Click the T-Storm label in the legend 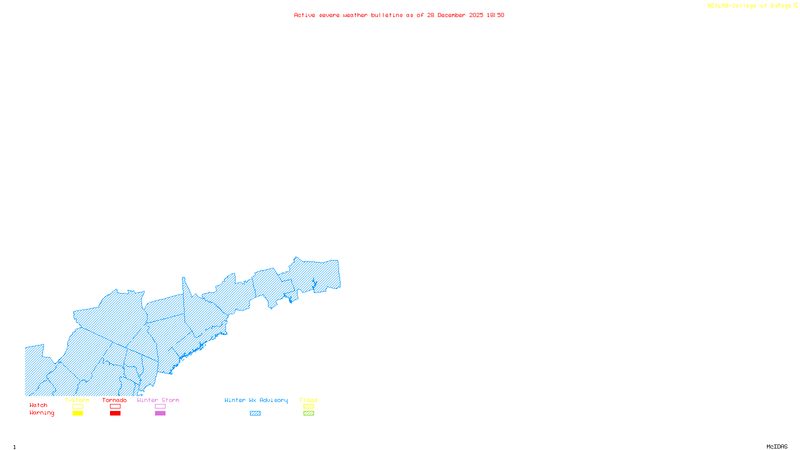click(x=77, y=400)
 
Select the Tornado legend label click(x=114, y=400)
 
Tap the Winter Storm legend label click(x=158, y=400)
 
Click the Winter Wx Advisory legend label click(x=256, y=400)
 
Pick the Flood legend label click(x=308, y=400)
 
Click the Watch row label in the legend click(x=38, y=405)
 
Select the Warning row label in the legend click(x=42, y=413)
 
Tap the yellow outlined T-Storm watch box click(x=77, y=406)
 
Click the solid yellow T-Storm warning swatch click(x=77, y=413)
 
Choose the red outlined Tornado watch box click(x=115, y=406)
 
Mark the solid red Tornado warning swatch click(x=115, y=413)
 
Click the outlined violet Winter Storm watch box click(x=160, y=406)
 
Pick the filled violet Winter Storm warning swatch click(x=160, y=413)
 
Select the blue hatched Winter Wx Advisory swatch click(x=255, y=413)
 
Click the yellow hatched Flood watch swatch click(x=308, y=406)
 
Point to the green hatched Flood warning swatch click(x=308, y=413)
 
